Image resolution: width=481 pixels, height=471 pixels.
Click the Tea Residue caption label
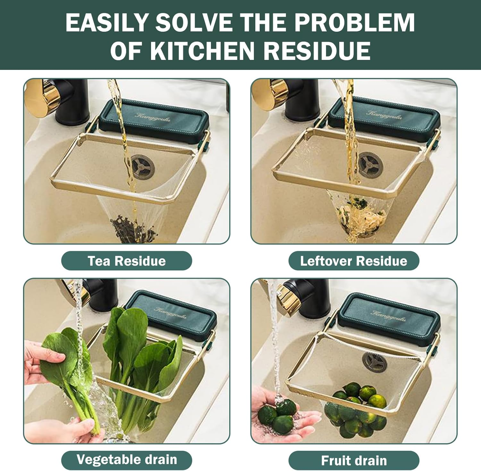coord(127,261)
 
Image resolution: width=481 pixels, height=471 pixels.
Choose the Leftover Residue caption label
coord(354,261)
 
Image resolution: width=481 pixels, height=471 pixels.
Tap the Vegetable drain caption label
coord(127,460)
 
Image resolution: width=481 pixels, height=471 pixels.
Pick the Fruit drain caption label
coord(354,460)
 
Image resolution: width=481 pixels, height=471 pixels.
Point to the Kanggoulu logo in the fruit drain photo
coord(389,316)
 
